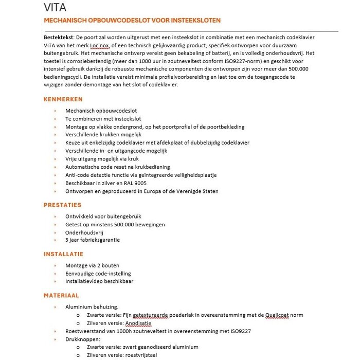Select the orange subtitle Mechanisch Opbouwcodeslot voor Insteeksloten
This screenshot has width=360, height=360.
tap(132, 21)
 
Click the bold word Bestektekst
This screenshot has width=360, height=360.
tap(59, 38)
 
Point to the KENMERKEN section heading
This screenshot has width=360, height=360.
tap(63, 99)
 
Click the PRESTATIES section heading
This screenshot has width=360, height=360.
tap(63, 205)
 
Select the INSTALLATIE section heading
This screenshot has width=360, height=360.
tap(63, 254)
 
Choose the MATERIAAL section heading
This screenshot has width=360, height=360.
tap(61, 296)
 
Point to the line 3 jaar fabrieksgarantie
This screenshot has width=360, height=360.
tap(93, 240)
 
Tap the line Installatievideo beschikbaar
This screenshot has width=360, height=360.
tap(99, 281)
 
